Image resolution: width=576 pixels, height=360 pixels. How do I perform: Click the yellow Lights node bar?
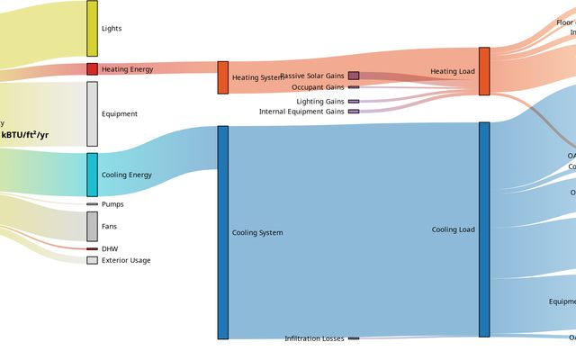(92, 29)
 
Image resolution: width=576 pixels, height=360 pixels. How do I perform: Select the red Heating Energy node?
(92, 69)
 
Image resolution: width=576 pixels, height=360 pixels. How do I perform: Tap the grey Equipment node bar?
(92, 114)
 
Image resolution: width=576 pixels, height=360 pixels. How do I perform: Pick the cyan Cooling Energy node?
(92, 175)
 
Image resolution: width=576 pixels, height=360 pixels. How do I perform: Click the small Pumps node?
(92, 204)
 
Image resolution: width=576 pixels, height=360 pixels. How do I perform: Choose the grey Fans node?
(92, 226)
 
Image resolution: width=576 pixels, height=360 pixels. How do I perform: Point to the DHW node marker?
(92, 248)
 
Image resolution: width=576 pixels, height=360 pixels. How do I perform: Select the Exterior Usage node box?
(92, 260)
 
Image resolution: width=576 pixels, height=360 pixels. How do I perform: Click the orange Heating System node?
(223, 77)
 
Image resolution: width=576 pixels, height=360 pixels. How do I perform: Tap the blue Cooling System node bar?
(223, 232)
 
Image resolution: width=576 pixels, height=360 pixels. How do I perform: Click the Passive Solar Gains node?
(354, 76)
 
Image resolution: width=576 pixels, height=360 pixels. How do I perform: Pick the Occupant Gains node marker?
(354, 87)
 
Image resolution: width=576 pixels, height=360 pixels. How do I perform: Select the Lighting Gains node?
(354, 102)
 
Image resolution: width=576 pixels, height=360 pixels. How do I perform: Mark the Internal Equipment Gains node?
(354, 112)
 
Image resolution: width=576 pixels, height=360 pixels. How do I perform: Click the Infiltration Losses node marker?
(354, 338)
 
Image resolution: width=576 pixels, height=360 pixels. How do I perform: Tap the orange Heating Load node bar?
(484, 71)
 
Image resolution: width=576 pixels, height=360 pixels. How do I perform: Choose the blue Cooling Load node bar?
(484, 229)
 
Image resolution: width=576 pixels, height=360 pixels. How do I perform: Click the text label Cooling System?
(257, 233)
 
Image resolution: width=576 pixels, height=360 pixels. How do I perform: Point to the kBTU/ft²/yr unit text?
(25, 135)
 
